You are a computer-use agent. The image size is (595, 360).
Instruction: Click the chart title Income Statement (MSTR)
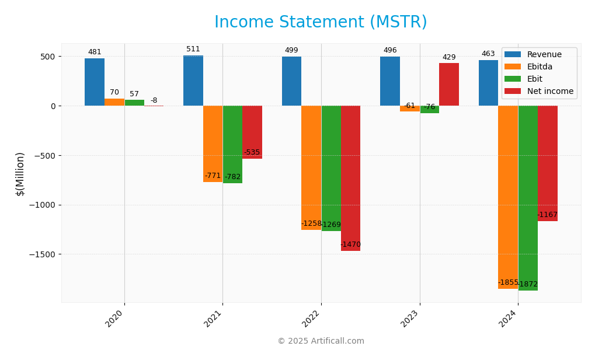[x=321, y=22]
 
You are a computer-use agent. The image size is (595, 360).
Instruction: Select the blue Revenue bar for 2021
[x=193, y=81]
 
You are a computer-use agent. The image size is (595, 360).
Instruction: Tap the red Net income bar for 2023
[x=448, y=85]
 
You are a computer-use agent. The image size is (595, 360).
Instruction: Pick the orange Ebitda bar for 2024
[x=508, y=197]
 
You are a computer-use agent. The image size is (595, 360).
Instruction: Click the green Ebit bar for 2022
[x=330, y=168]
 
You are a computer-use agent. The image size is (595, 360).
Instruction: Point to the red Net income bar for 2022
[x=350, y=178]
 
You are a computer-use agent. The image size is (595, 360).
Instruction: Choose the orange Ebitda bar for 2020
[x=114, y=102]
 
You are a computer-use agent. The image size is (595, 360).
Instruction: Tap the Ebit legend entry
[x=534, y=79]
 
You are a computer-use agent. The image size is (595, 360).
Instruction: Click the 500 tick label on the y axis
[x=48, y=57]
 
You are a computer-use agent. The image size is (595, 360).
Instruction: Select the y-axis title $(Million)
[x=20, y=174]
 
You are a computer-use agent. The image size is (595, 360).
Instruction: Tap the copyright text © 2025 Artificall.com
[x=321, y=341]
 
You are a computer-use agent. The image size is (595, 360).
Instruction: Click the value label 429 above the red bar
[x=448, y=57]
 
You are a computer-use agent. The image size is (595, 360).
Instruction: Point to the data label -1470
[x=350, y=244]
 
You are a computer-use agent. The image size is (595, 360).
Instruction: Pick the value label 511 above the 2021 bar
[x=193, y=49]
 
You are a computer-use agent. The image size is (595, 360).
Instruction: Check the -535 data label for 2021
[x=252, y=152]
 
